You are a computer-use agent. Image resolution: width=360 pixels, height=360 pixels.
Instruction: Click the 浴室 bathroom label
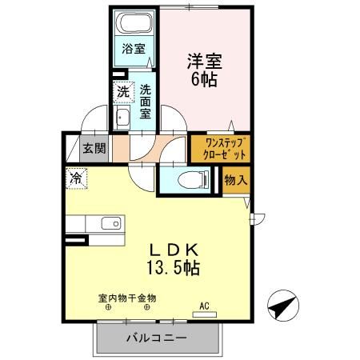(133, 49)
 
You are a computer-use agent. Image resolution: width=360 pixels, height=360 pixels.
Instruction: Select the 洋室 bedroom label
(205, 61)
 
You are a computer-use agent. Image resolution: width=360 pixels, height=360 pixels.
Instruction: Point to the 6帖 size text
(206, 80)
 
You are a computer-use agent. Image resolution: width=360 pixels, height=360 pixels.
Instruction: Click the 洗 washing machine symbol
(122, 90)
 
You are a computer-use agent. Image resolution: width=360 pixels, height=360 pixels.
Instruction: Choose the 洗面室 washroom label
(146, 101)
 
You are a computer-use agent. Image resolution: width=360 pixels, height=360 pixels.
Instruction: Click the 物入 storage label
(235, 181)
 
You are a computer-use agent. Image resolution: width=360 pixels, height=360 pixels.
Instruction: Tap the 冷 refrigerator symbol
(75, 178)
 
